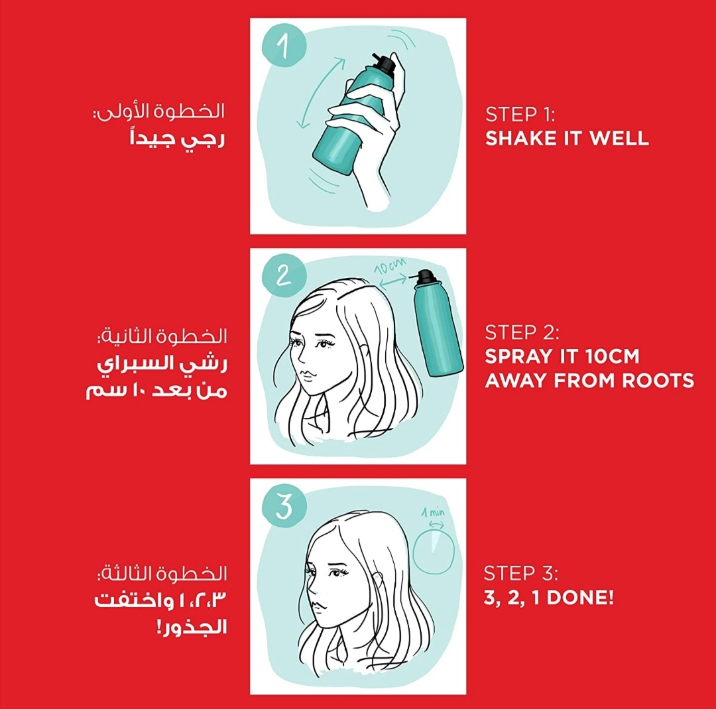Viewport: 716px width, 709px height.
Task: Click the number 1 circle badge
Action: pyautogui.click(x=284, y=46)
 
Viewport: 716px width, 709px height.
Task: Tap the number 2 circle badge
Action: pyautogui.click(x=284, y=276)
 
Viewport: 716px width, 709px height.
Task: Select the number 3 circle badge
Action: pyautogui.click(x=284, y=506)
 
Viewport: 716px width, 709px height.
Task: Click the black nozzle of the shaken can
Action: pyautogui.click(x=385, y=63)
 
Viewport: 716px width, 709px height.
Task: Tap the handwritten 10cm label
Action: pyautogui.click(x=390, y=267)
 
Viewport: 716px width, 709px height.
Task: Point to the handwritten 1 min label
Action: pyautogui.click(x=433, y=513)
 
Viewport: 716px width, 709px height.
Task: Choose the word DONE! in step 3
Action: pyautogui.click(x=580, y=598)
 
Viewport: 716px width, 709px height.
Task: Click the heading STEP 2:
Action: pyautogui.click(x=522, y=332)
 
